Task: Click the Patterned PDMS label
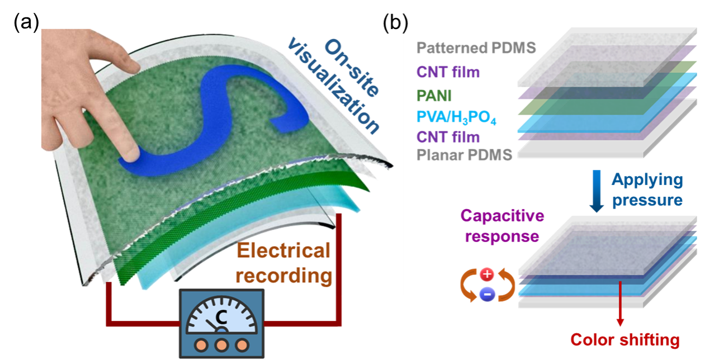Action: (476, 48)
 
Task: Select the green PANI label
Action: (434, 95)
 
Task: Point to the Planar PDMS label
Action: (465, 155)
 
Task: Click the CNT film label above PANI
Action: (448, 72)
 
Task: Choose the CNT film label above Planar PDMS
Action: (448, 136)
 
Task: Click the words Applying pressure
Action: (647, 190)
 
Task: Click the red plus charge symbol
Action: (487, 274)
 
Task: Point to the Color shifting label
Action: (625, 339)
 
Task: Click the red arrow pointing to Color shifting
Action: (620, 305)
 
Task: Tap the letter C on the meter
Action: (221, 318)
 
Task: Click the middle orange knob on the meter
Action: (221, 343)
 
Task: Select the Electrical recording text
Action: (283, 263)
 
